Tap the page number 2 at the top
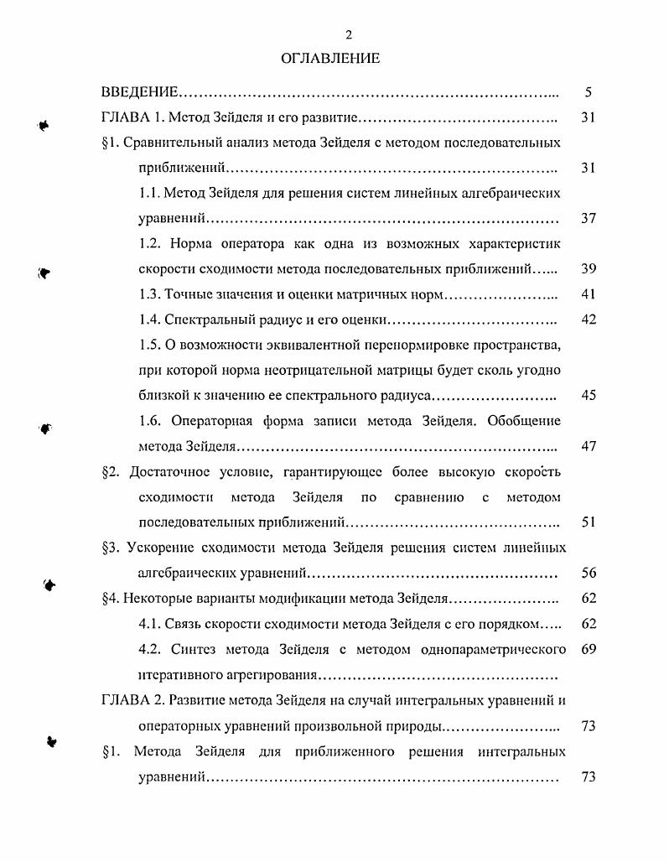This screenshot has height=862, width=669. [x=347, y=34]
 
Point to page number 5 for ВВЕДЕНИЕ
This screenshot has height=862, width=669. [x=589, y=91]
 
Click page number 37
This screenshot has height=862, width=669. [x=588, y=219]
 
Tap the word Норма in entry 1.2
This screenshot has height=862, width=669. [x=190, y=244]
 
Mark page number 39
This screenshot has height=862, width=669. [x=588, y=269]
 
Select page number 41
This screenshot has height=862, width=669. [x=588, y=295]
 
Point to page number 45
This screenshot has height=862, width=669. [x=588, y=396]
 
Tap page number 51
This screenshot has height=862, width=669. [x=588, y=522]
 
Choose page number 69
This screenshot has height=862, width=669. [x=588, y=649]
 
